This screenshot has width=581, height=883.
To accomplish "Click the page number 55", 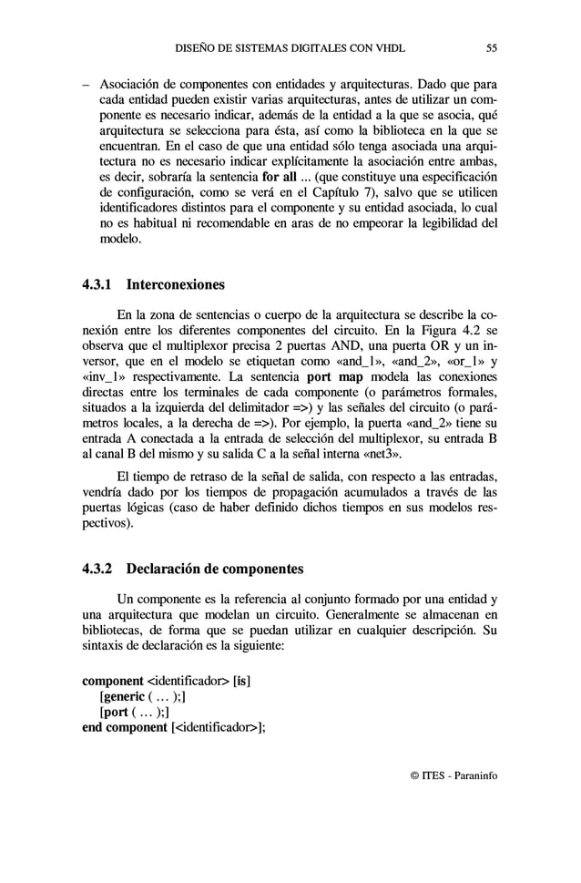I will click(x=491, y=47).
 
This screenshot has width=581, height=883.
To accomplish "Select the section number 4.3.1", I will click(x=97, y=285).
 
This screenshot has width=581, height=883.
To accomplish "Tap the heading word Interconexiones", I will click(x=175, y=285).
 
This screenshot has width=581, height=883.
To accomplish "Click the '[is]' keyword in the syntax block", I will click(x=242, y=681).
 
